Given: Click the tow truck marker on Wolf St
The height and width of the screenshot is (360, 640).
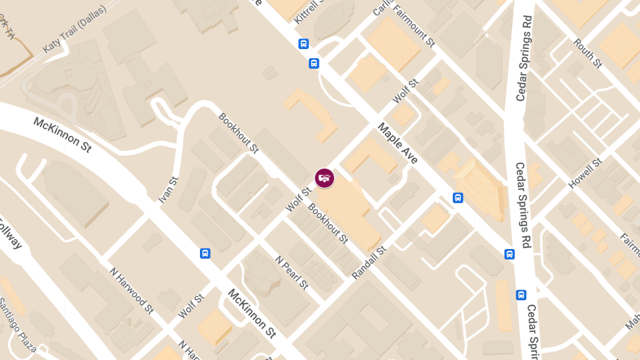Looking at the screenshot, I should (x=324, y=178).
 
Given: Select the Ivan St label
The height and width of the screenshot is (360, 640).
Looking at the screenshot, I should (x=167, y=190).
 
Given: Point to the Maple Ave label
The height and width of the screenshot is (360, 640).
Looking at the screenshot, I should (x=397, y=143).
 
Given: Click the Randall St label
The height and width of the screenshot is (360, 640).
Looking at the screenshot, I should (x=369, y=263).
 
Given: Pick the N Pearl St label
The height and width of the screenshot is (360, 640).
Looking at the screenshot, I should (x=292, y=272).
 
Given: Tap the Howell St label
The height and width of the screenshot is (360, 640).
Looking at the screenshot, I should (x=585, y=173).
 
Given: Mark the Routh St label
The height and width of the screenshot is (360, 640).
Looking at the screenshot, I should (x=588, y=53).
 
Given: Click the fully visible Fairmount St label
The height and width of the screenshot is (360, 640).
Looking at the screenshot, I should (x=413, y=25).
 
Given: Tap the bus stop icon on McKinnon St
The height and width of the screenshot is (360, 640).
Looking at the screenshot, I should (x=205, y=253).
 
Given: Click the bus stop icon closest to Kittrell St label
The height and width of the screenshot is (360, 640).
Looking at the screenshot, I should (x=303, y=44).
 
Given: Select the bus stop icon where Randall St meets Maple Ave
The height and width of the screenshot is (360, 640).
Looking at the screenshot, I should (x=458, y=198).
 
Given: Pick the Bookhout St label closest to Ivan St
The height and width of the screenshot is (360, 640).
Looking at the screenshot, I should (x=238, y=133).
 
